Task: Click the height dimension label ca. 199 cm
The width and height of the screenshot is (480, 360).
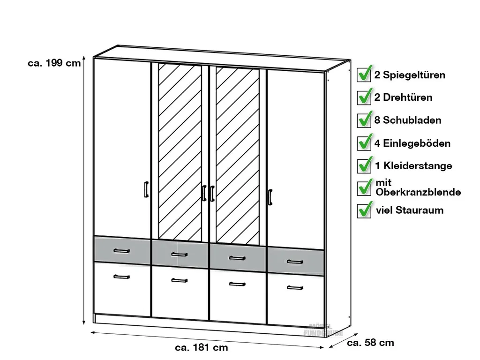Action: tap(54, 64)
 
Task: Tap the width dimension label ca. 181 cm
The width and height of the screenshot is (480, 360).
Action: tap(201, 347)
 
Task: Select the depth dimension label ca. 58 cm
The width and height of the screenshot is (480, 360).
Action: tap(370, 343)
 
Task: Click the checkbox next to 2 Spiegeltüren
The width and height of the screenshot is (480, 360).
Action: tap(364, 75)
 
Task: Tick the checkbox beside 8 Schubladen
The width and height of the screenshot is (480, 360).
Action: tap(364, 120)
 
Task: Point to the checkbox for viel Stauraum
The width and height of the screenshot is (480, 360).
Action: tap(364, 210)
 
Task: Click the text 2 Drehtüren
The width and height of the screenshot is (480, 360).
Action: tap(403, 97)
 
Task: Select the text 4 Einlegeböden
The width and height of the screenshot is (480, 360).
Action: tap(412, 143)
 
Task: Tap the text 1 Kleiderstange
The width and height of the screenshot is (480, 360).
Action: tap(413, 165)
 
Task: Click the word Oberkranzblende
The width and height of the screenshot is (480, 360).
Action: tap(418, 192)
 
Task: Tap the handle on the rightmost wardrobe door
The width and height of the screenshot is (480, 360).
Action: tap(270, 197)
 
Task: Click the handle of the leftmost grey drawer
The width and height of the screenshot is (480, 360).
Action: tap(121, 251)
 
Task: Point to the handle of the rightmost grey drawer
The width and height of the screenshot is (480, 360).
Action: tap(295, 262)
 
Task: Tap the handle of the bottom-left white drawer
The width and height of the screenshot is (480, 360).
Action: tap(121, 277)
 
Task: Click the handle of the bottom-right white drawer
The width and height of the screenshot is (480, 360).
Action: tap(295, 287)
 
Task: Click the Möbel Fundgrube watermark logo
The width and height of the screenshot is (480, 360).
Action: tap(323, 330)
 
